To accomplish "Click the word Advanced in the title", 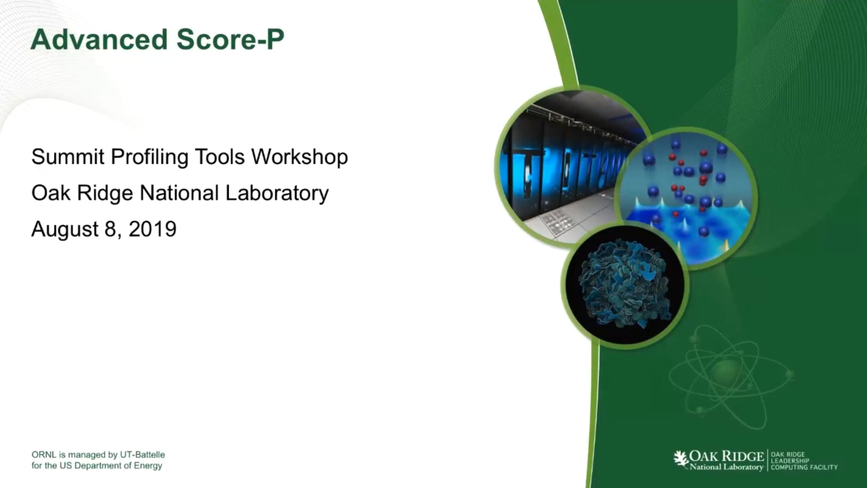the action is pyautogui.click(x=99, y=39).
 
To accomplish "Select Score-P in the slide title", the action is pyautogui.click(x=230, y=39).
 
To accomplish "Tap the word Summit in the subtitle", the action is pyautogui.click(x=68, y=157).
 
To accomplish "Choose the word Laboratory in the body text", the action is pyautogui.click(x=277, y=193).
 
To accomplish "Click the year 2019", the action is pyautogui.click(x=152, y=229).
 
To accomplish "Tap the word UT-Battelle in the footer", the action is pyautogui.click(x=142, y=455).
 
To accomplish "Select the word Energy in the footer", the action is pyautogui.click(x=148, y=466).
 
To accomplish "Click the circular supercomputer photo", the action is pyautogui.click(x=564, y=166).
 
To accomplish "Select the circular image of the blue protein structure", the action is pyautogui.click(x=625, y=286).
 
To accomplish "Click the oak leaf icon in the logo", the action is pyautogui.click(x=681, y=459).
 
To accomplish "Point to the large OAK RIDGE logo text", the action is pyautogui.click(x=726, y=457).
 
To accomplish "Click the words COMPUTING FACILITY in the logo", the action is pyautogui.click(x=804, y=467).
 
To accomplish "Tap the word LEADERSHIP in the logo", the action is pyautogui.click(x=790, y=461).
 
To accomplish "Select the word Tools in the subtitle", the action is pyautogui.click(x=220, y=157).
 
